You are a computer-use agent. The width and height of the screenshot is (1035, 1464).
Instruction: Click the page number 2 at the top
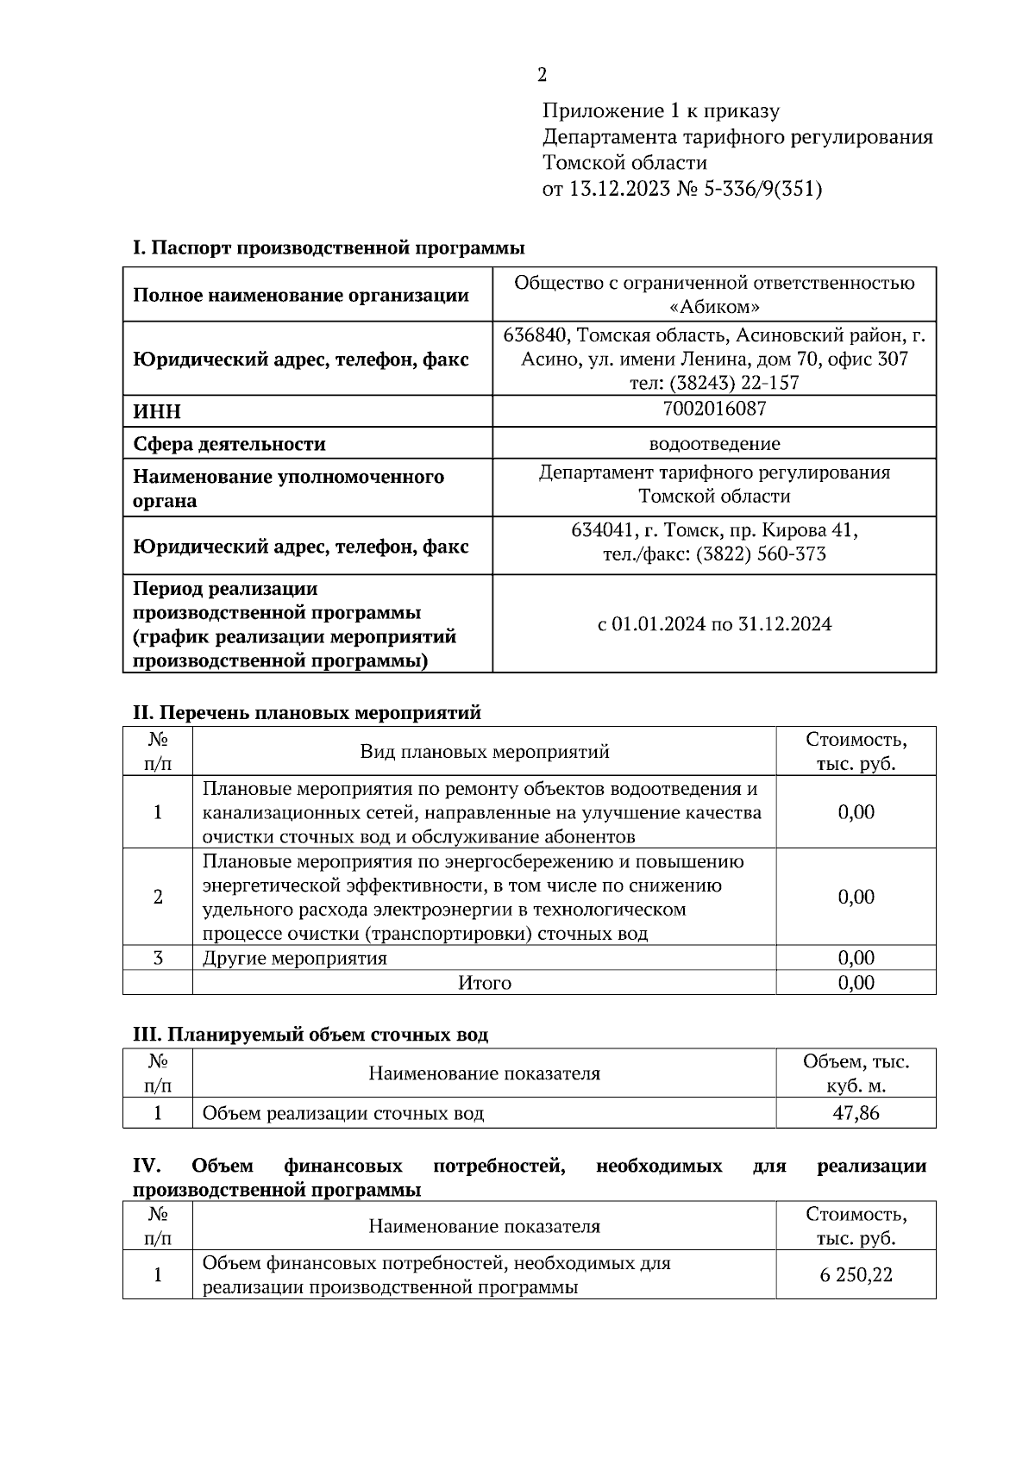coord(542,75)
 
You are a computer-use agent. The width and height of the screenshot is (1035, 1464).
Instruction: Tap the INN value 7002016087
coord(714,409)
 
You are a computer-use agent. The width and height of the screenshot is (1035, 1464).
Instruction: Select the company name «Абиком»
coord(714,307)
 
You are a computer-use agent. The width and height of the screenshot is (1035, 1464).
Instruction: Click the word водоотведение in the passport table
coord(714,444)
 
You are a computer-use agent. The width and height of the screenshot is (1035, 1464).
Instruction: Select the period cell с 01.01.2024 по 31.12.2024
coord(714,624)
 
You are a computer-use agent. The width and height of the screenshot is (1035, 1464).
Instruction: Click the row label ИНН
coord(157,412)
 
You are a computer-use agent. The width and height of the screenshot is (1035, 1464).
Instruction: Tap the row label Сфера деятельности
coord(229,445)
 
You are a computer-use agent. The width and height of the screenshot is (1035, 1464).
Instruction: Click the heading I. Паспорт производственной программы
coord(329,248)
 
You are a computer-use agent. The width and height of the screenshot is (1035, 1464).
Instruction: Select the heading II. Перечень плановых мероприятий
coord(306,713)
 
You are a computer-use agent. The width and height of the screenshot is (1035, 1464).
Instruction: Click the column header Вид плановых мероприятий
coord(484,752)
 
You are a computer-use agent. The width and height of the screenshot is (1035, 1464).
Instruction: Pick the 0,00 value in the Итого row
coord(856,983)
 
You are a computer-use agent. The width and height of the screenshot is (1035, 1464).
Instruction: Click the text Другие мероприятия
coord(294,959)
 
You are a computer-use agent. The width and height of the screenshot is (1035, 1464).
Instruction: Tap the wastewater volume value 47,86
coord(856,1113)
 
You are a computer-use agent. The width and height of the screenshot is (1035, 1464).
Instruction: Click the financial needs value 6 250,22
coord(856,1275)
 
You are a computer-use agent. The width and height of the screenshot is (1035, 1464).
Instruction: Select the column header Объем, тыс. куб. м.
coord(856,1074)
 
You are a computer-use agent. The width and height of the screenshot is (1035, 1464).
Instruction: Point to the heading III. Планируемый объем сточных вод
coord(310,1035)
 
